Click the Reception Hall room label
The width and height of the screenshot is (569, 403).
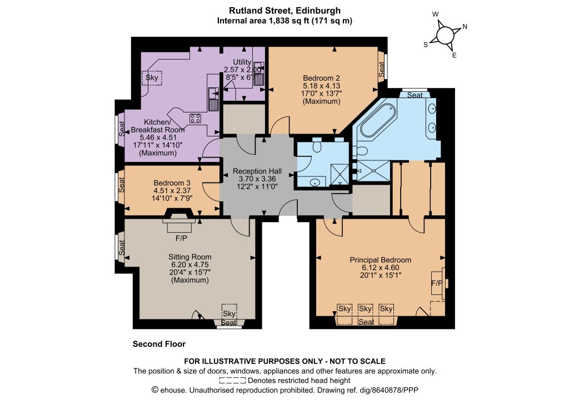(257, 171)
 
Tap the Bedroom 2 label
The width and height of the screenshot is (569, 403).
(321, 78)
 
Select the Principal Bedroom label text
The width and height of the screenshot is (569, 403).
(380, 260)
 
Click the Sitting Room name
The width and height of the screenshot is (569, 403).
(190, 257)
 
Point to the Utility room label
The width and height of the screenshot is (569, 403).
(242, 62)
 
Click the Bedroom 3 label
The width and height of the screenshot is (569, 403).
(172, 183)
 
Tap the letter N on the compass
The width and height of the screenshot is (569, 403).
(465, 27)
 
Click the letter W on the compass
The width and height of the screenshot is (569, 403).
(436, 14)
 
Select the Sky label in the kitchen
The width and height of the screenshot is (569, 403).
(152, 77)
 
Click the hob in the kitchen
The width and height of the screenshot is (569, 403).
(195, 118)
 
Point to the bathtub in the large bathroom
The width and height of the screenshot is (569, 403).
(377, 120)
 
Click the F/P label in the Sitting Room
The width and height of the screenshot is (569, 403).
(182, 238)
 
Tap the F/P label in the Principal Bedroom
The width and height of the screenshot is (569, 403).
(437, 283)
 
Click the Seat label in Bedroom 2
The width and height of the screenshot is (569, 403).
(382, 69)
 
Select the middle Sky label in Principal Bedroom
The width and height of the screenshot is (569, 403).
(365, 308)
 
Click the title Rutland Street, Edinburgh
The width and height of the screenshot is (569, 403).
(284, 11)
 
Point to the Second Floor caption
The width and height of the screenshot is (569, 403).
(159, 344)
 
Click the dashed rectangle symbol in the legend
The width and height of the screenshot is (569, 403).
(232, 381)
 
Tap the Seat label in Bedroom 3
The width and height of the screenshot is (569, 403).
(122, 185)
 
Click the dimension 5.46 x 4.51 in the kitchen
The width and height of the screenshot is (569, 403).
(158, 137)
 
